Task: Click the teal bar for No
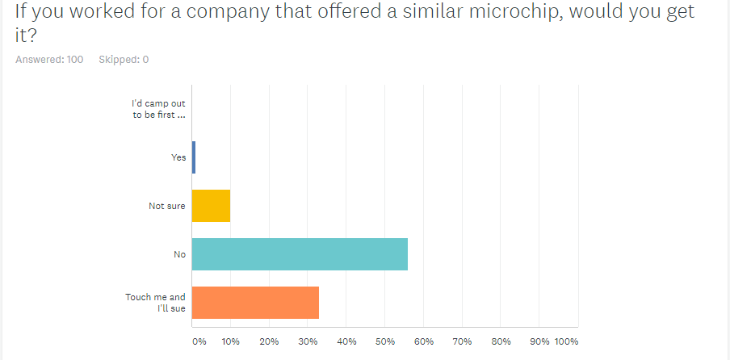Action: click(x=300, y=254)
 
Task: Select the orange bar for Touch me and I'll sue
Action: click(x=255, y=303)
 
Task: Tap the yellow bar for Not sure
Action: click(x=211, y=206)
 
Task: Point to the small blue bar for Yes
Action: click(x=194, y=157)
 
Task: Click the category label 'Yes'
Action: click(x=178, y=157)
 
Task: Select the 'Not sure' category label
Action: click(x=167, y=206)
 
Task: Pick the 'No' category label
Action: click(x=179, y=254)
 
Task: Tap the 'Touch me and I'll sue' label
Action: click(x=155, y=303)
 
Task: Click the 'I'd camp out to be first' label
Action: click(x=158, y=109)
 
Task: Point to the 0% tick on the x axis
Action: click(x=199, y=341)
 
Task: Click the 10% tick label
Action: click(x=231, y=341)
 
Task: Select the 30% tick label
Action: click(x=308, y=341)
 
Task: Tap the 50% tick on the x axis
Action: click(x=385, y=341)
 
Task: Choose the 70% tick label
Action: click(x=463, y=341)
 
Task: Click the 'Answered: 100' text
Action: click(x=49, y=59)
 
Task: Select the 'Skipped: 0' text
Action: click(x=124, y=59)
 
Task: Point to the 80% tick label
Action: click(x=501, y=341)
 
